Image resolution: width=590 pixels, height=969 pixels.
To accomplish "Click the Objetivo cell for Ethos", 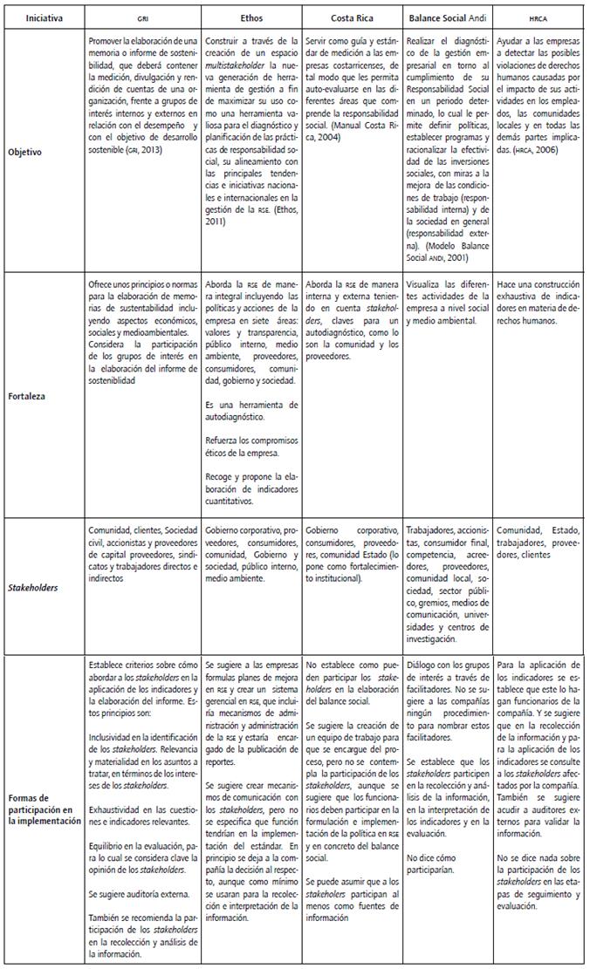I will click(x=251, y=131).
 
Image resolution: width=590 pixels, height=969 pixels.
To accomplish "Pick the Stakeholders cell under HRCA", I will click(x=539, y=536).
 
